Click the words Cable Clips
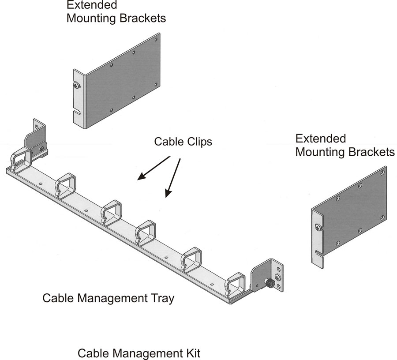point(183,142)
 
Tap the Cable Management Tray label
point(108,298)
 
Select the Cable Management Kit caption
point(139,353)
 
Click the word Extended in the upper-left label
point(92,6)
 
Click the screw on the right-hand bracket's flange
point(318,227)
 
